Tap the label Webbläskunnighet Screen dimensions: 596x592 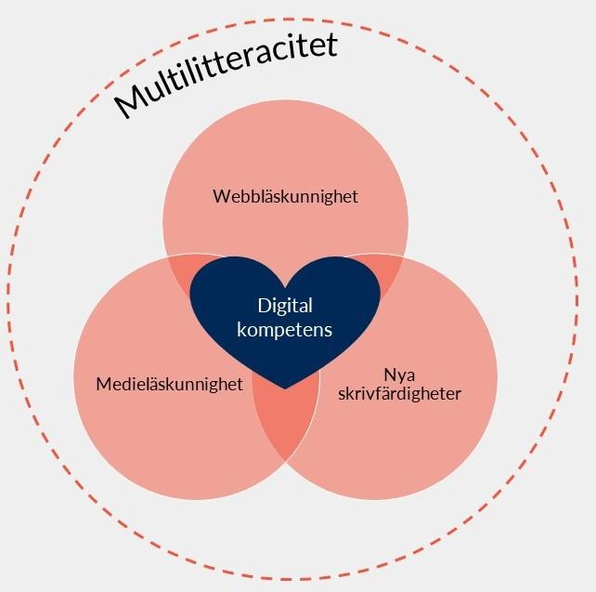[x=285, y=197]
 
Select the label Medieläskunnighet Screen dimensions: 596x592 [x=170, y=384]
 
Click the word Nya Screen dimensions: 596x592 [x=399, y=375]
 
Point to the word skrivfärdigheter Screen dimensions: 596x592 [x=399, y=394]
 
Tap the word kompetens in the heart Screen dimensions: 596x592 [x=285, y=330]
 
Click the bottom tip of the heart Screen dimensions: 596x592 [x=285, y=388]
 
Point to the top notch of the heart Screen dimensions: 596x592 [x=285, y=286]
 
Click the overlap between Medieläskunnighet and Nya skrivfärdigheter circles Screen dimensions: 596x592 [x=286, y=422]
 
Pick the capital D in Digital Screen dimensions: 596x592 [x=265, y=306]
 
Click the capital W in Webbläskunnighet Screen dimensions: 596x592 [x=223, y=196]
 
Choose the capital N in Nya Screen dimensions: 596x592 [x=390, y=375]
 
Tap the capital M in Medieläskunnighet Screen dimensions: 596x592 [x=104, y=384]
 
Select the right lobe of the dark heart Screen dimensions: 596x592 [x=334, y=289]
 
